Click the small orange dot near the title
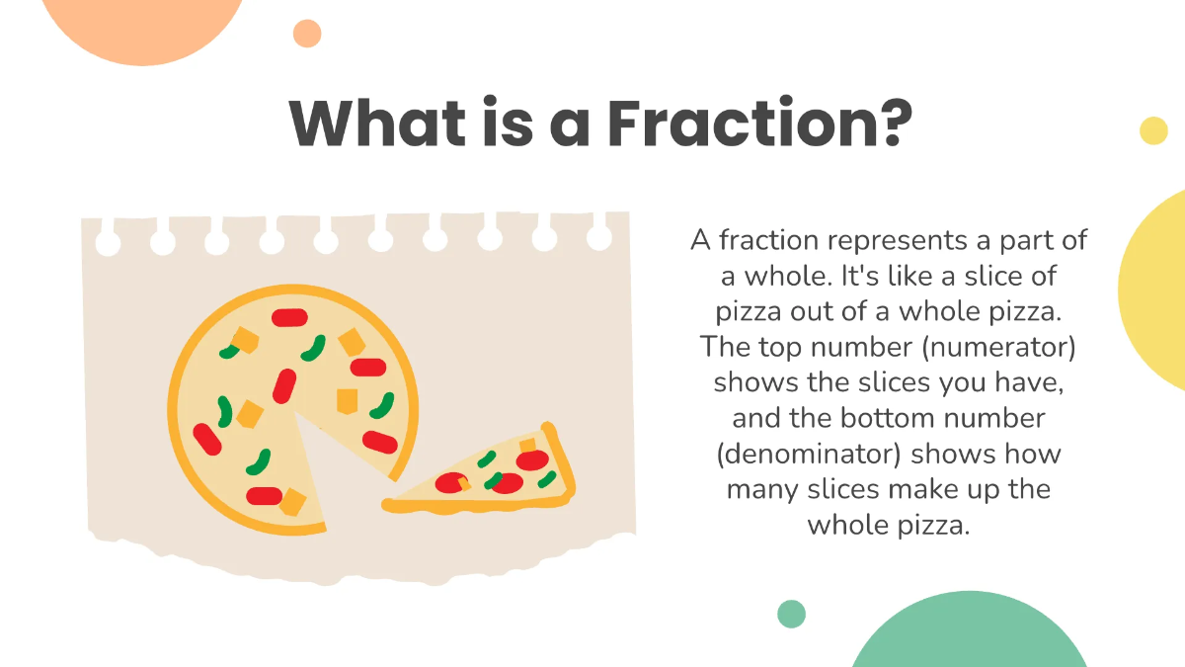[x=307, y=34]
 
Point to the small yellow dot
[x=1153, y=130]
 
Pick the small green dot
[x=791, y=614]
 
